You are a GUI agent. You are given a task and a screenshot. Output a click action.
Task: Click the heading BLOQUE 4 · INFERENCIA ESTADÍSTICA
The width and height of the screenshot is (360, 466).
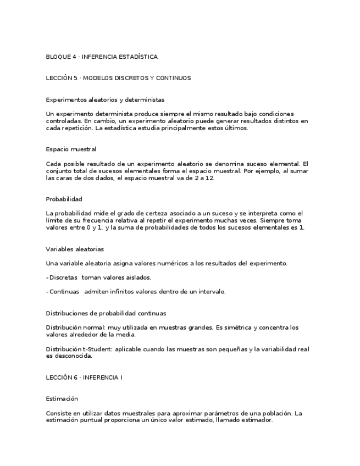pos(102,57)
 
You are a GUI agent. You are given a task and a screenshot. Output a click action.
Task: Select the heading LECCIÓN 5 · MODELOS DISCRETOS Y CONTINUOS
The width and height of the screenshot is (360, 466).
pos(118,78)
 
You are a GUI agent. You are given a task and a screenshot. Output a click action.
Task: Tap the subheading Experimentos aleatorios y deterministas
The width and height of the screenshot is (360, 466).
pos(105,99)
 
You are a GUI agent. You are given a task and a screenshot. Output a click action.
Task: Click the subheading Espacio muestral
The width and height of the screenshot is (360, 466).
pos(71,149)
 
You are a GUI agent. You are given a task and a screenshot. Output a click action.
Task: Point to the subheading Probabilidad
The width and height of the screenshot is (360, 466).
pos(64,199)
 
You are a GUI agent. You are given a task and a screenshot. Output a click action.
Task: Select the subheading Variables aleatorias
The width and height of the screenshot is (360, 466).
pos(75,249)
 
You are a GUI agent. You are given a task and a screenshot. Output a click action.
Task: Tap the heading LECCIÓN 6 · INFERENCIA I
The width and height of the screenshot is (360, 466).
pos(84,378)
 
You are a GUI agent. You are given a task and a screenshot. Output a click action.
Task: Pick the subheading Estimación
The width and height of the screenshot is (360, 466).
pos(62,398)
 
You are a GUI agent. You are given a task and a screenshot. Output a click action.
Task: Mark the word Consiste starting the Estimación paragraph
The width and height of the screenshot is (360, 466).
pos(59,413)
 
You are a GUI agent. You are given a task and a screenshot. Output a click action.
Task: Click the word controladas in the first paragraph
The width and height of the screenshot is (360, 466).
pos(64,121)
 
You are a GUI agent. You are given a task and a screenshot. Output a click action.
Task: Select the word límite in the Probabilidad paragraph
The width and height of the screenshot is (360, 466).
pos(55,220)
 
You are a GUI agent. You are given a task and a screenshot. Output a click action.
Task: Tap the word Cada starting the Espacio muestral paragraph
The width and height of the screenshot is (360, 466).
pos(53,164)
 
